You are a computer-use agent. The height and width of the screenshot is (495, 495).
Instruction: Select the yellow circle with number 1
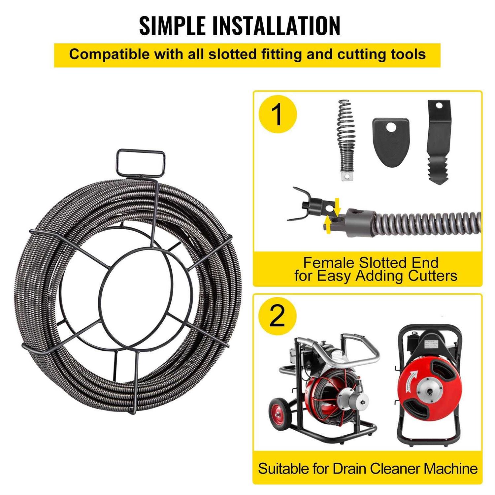click(x=278, y=114)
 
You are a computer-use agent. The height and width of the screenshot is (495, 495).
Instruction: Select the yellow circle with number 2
click(x=277, y=316)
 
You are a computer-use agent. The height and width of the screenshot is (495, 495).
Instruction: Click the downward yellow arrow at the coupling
click(x=337, y=207)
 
